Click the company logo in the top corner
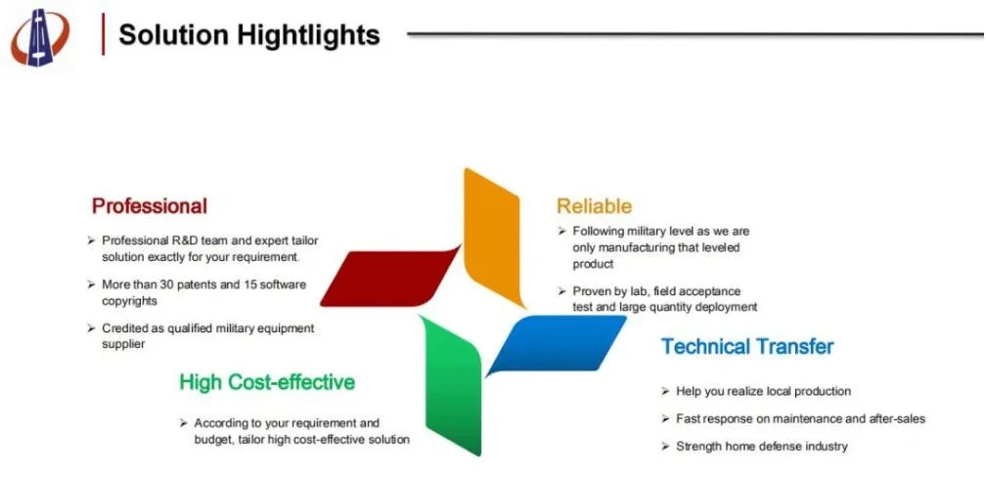tap(40, 37)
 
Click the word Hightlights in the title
tap(308, 35)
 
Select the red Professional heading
tap(149, 206)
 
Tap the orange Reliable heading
tap(595, 205)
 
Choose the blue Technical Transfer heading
tap(747, 346)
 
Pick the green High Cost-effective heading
tap(267, 382)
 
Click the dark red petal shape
tap(390, 279)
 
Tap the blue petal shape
tap(556, 344)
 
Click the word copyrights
tap(129, 301)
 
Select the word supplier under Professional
tap(123, 344)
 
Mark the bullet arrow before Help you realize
tap(665, 391)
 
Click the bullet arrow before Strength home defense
tap(665, 446)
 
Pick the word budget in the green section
tap(214, 440)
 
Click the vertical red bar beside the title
tap(103, 34)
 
